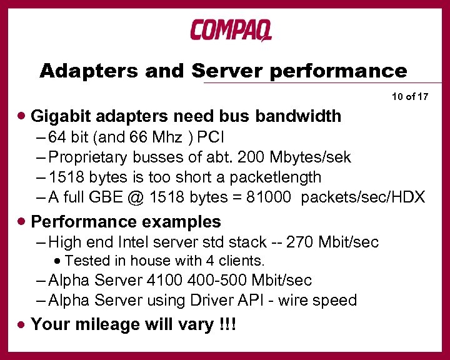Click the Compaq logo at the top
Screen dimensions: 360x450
[231, 30]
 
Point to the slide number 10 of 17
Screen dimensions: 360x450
[410, 97]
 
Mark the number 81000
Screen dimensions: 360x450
[269, 197]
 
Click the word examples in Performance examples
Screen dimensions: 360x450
[184, 222]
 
